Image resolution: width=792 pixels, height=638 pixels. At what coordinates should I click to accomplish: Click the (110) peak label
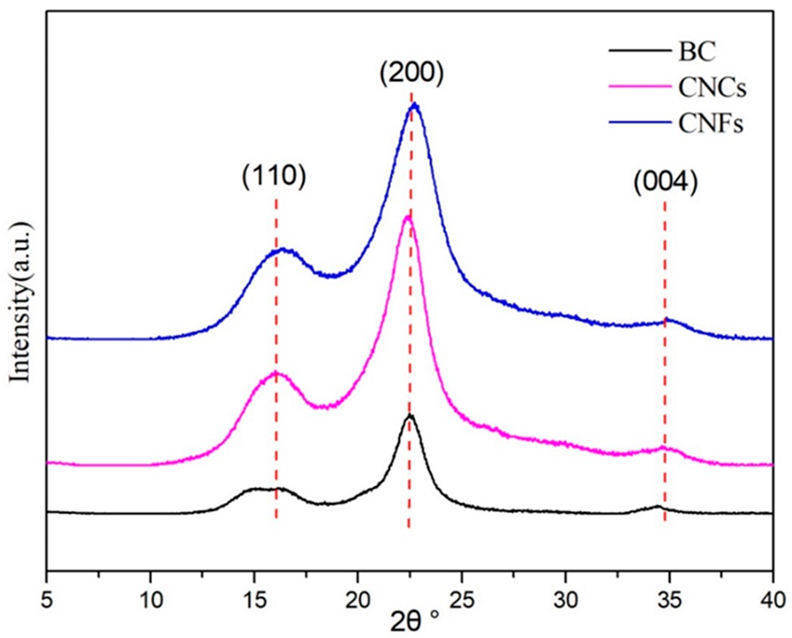[x=274, y=178]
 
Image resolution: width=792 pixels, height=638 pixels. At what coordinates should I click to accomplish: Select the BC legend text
[x=697, y=52]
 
